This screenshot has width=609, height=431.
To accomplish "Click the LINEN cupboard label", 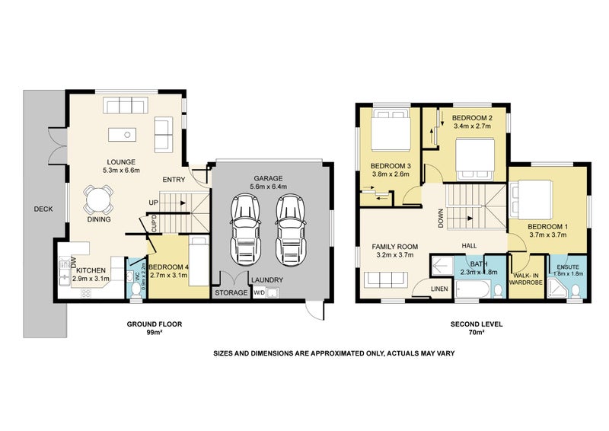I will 439,289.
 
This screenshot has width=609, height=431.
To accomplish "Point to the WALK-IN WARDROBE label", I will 528,278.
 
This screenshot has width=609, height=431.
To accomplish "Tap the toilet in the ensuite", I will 574,290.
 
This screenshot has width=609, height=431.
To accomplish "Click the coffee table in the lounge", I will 121,135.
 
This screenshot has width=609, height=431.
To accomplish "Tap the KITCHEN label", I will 90,270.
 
